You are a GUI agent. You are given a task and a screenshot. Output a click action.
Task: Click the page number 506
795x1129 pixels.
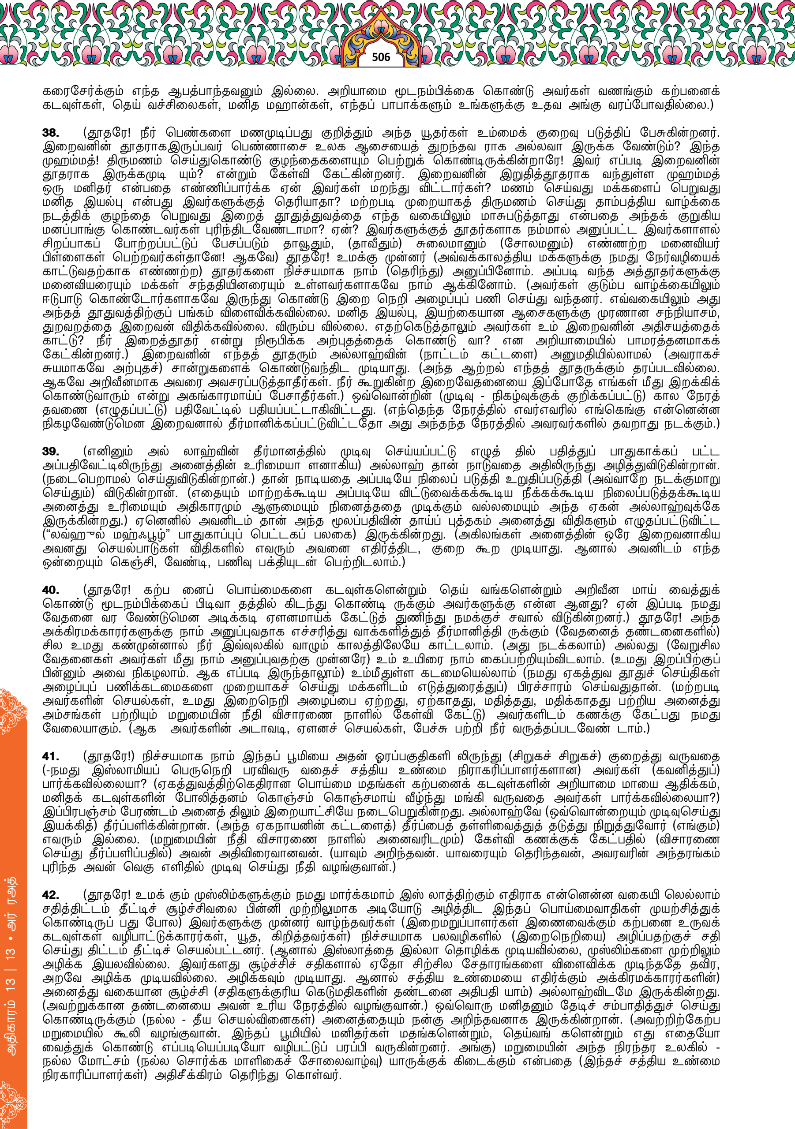pyautogui.click(x=381, y=57)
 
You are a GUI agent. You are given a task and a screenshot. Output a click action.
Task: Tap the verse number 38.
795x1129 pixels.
pyautogui.click(x=51, y=133)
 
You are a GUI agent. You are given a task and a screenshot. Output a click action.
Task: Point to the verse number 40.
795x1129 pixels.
pyautogui.click(x=51, y=590)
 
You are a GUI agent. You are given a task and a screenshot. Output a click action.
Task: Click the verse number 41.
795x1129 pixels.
pyautogui.click(x=51, y=756)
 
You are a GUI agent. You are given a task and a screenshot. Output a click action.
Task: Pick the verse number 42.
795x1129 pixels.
pyautogui.click(x=51, y=895)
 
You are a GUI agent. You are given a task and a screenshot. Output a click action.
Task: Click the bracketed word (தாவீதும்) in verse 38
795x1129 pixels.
pyautogui.click(x=375, y=243)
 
